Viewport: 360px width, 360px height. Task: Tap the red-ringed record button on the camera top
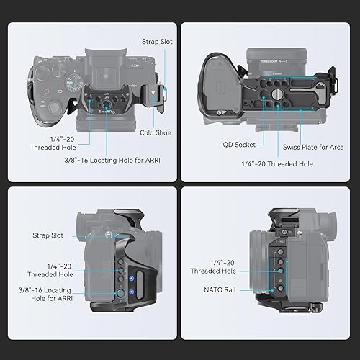pyautogui.click(x=46, y=92)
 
